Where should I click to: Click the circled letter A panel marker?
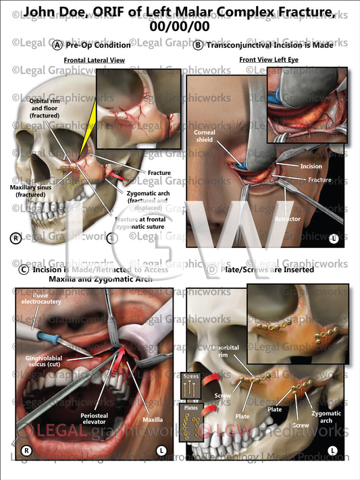pos(57,45)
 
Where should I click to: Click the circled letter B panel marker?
pos(199,45)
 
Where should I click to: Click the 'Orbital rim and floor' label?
pos(45,108)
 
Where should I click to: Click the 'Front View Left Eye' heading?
pos(266,60)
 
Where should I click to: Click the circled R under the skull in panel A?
pos(14,238)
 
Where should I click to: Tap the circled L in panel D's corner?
pos(334,450)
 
